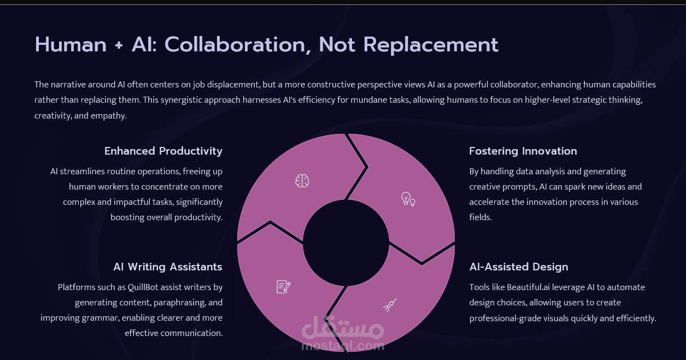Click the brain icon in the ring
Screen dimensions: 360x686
pos(302,181)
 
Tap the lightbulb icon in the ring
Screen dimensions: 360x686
pos(408,199)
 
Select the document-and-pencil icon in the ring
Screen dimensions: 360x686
pos(283,286)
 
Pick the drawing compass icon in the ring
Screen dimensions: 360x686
pos(390,305)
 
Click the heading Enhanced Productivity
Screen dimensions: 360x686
pos(163,151)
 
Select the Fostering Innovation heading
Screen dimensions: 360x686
pos(523,151)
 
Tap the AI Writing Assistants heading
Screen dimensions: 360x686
pos(168,267)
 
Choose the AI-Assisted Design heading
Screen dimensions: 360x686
pos(519,267)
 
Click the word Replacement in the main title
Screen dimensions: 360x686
pos(431,45)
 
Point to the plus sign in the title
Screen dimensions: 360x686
pos(119,45)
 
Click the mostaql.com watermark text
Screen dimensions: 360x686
pos(342,346)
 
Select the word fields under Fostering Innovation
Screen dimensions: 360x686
pos(480,217)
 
